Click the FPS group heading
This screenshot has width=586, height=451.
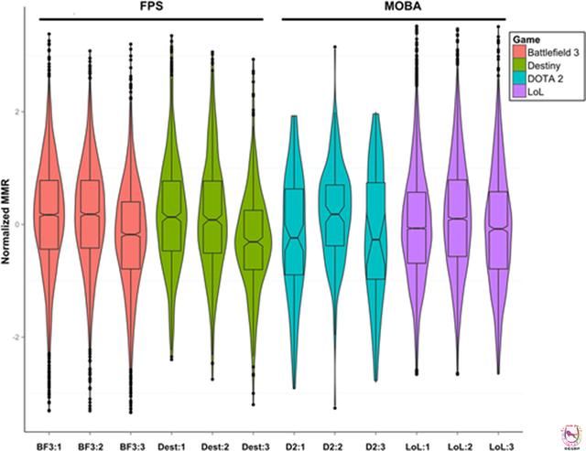pyautogui.click(x=153, y=8)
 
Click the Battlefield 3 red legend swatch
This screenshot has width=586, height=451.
pyautogui.click(x=520, y=54)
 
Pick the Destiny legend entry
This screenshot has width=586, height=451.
pyautogui.click(x=543, y=67)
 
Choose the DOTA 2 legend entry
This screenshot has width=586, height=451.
pyautogui.click(x=545, y=80)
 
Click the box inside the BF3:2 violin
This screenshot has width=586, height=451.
pyautogui.click(x=90, y=214)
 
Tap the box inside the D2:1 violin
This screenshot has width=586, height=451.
pyautogui.click(x=294, y=231)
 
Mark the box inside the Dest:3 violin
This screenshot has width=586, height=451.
pyautogui.click(x=254, y=240)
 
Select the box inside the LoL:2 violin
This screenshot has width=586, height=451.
pyautogui.click(x=458, y=218)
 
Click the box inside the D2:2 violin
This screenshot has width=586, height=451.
pyautogui.click(x=335, y=215)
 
